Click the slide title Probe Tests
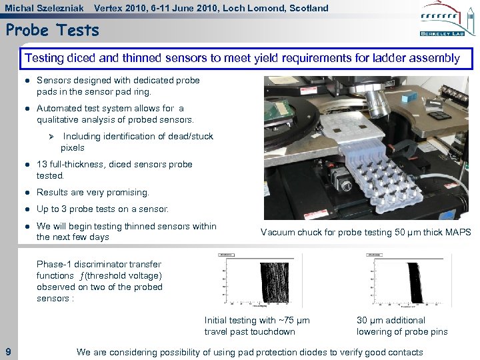coord(52,30)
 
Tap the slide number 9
coord(7,351)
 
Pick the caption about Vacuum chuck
coord(365,232)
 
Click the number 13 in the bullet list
coord(42,164)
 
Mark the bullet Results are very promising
coord(93,192)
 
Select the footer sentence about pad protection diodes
coord(249,351)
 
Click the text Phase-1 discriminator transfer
coord(99,264)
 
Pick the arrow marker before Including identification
coord(51,136)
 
